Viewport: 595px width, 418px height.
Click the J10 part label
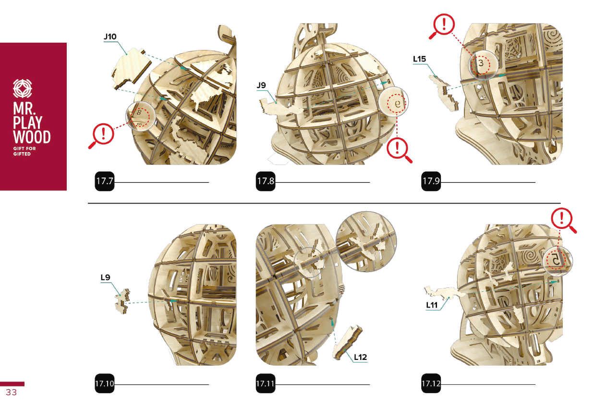tap(110, 36)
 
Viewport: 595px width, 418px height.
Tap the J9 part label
tap(261, 85)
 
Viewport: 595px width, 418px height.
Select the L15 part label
tap(419, 59)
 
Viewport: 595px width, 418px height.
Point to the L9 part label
tap(106, 277)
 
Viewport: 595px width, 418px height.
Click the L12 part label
tap(361, 357)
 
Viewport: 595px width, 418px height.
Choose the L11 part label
tap(432, 305)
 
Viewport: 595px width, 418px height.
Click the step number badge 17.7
tap(105, 181)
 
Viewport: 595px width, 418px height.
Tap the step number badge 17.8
tap(266, 181)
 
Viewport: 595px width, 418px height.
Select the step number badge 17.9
tap(431, 181)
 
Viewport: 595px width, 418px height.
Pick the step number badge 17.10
tap(105, 383)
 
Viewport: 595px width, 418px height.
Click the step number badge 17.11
tap(266, 383)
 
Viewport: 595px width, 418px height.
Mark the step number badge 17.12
tap(431, 383)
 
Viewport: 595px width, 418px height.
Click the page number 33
tap(12, 392)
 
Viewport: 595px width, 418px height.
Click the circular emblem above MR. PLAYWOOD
tap(23, 88)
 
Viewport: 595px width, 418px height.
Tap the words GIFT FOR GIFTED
tap(24, 151)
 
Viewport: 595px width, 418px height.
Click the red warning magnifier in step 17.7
tap(102, 135)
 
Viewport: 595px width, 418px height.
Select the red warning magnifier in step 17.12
tap(563, 220)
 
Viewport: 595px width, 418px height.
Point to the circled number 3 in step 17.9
tap(481, 63)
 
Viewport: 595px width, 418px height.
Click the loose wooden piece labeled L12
tap(347, 342)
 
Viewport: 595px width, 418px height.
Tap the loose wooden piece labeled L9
tap(122, 301)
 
